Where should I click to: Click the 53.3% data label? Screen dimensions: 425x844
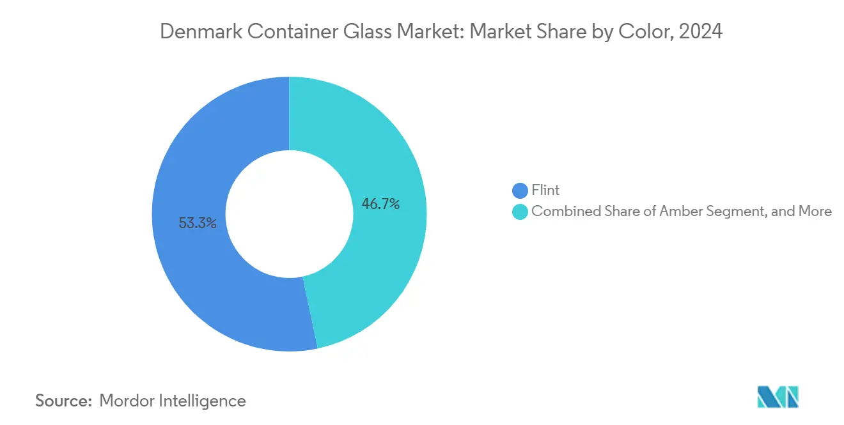pyautogui.click(x=198, y=224)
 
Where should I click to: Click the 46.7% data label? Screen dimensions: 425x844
pyautogui.click(x=380, y=205)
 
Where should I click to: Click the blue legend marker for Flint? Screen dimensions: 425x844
pyautogui.click(x=520, y=190)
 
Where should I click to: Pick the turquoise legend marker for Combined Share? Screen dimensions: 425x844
pyautogui.click(x=520, y=212)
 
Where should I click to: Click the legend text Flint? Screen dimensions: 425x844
pyautogui.click(x=545, y=190)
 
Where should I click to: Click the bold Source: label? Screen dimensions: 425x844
pyautogui.click(x=64, y=401)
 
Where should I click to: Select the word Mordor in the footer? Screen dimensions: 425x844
pyautogui.click(x=127, y=401)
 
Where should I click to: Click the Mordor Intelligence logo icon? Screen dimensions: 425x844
pyautogui.click(x=778, y=397)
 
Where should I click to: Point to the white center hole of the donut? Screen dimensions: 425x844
pyautogui.click(x=289, y=214)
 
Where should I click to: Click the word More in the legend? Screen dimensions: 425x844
pyautogui.click(x=815, y=212)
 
